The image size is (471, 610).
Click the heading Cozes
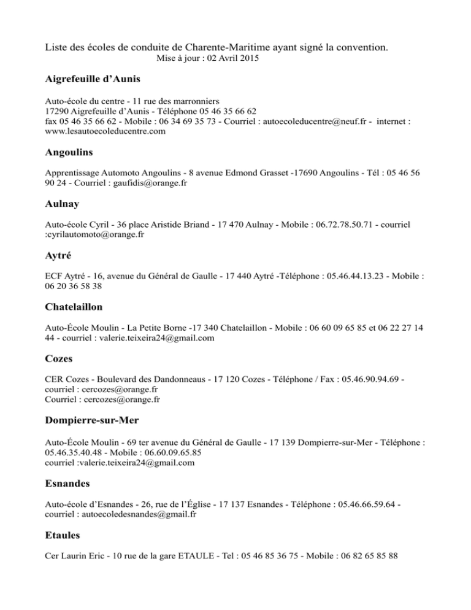coord(60,360)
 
